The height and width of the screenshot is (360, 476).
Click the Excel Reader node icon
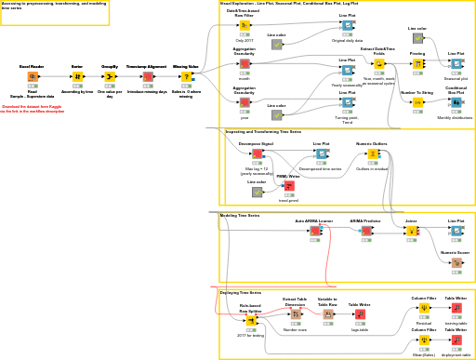pos(32,76)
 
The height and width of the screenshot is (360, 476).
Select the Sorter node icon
pos(77,76)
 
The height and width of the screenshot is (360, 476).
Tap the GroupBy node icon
pos(110,76)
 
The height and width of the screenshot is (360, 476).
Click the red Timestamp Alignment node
pos(147,76)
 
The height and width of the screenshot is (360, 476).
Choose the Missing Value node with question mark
pos(186,76)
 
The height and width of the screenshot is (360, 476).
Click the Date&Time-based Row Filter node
pos(245,26)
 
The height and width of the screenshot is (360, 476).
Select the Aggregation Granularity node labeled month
pos(245,64)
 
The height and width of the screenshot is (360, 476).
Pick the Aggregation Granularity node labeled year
pos(245,103)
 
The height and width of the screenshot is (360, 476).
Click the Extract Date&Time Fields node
pos(378,64)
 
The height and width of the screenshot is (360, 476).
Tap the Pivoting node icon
pos(417,64)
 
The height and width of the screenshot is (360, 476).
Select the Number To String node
pos(417,102)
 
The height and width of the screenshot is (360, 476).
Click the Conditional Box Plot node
pos(456,102)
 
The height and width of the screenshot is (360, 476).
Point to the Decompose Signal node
pos(257,154)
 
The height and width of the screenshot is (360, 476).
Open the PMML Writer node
pos(288,186)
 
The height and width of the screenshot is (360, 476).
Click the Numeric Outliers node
pos(372,154)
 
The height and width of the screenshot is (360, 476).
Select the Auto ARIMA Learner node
pos(314,231)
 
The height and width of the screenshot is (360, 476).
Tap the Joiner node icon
pos(411,231)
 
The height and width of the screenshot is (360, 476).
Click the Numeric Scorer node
pos(456,263)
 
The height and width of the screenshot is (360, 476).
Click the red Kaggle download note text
pos(33,109)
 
